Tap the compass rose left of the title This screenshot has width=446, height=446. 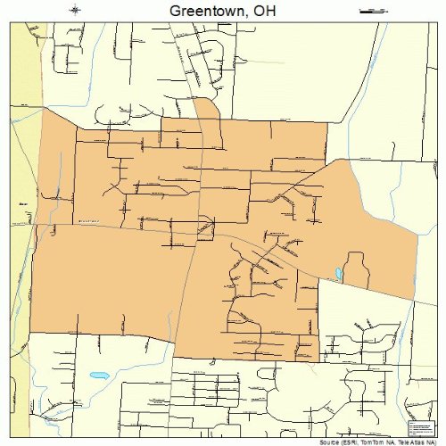coord(76,10)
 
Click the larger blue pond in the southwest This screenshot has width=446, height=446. coord(99,376)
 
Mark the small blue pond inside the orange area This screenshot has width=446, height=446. coord(338,273)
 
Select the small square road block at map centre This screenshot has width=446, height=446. coord(206,231)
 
